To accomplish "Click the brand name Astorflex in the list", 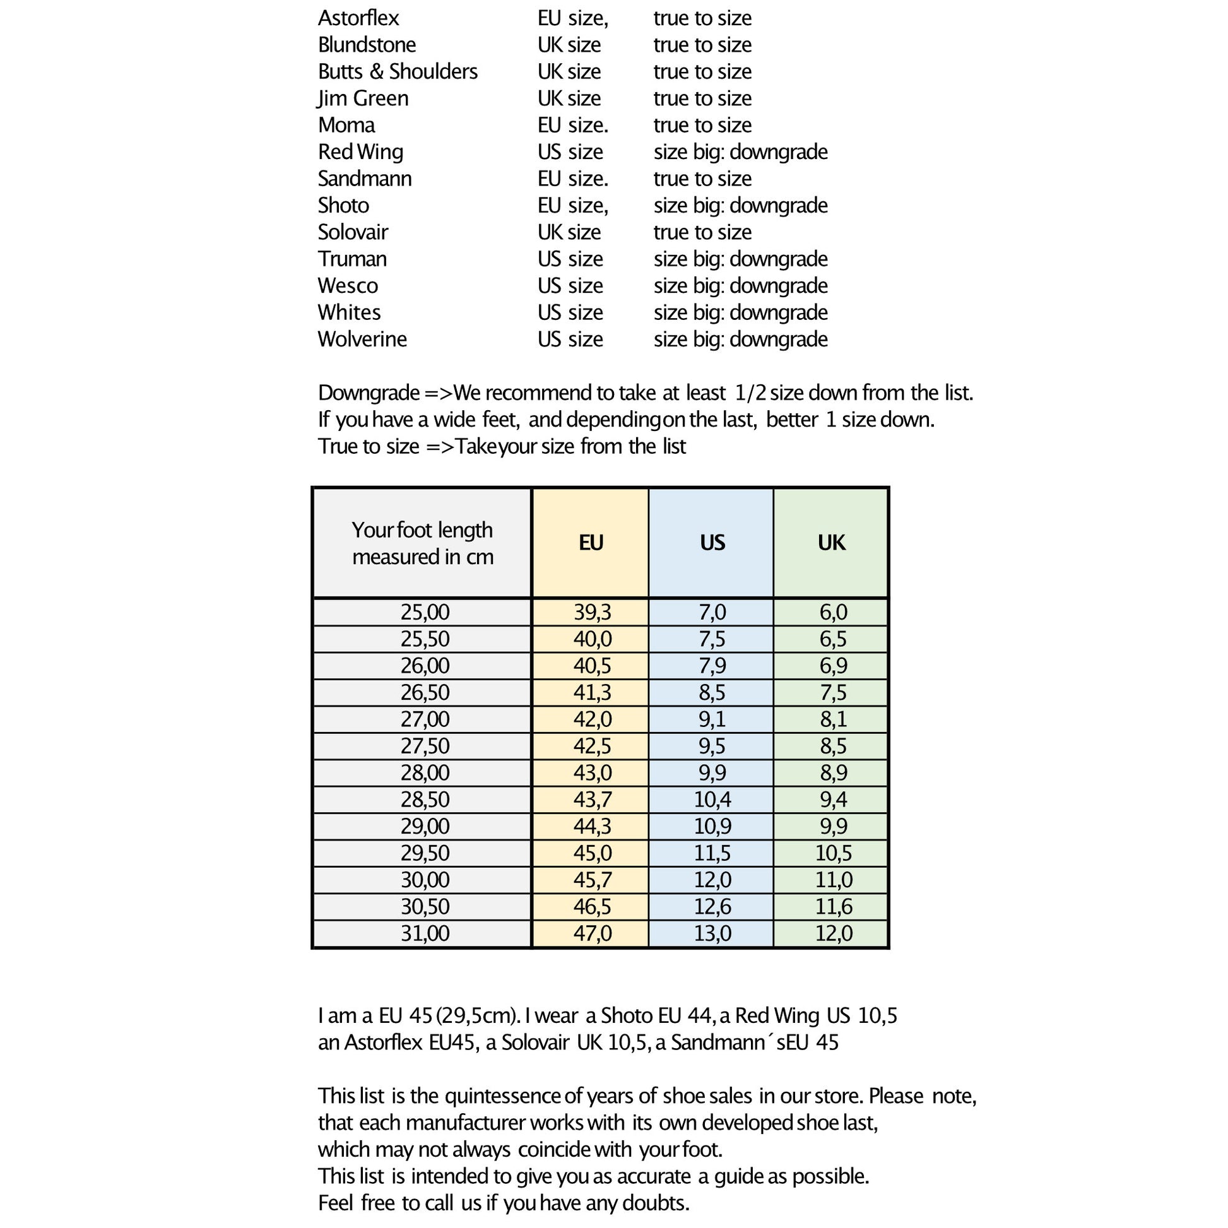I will (x=358, y=18).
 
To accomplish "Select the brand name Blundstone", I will (x=367, y=45).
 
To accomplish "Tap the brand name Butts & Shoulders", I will (x=398, y=72).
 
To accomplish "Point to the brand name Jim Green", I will (x=363, y=98).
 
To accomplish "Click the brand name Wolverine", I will (x=362, y=339).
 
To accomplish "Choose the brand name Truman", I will (x=352, y=259).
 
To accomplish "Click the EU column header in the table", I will (x=591, y=543).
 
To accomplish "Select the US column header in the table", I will (x=712, y=543).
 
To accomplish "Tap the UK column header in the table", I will (x=831, y=543).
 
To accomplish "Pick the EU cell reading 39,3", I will (x=592, y=612).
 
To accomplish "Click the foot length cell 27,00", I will (x=425, y=719).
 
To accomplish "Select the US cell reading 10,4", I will (x=712, y=800).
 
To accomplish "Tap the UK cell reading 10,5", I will (x=832, y=853).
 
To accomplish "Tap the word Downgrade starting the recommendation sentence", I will (x=369, y=393).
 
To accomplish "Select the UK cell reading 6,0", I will (x=832, y=612).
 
